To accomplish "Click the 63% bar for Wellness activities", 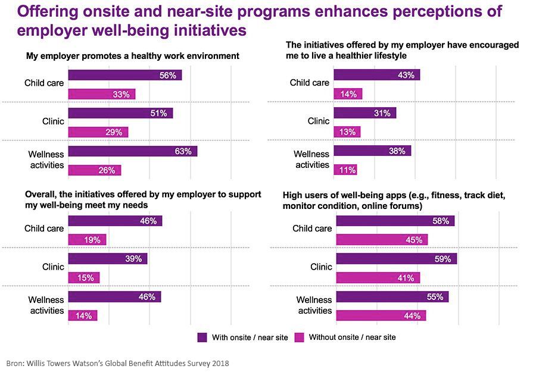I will (x=132, y=151).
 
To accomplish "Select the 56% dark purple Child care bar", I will (x=125, y=75).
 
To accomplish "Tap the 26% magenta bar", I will (x=95, y=170).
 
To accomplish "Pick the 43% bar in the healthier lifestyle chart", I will (x=376, y=75).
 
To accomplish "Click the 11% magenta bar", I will (x=345, y=170).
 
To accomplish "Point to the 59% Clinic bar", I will (x=397, y=259).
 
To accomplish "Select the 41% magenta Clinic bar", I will (x=378, y=277).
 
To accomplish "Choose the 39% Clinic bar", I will (x=108, y=259).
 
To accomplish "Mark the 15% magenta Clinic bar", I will (x=84, y=277).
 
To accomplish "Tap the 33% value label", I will (x=121, y=94).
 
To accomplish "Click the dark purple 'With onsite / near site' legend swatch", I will (x=202, y=337).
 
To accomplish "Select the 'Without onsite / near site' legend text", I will (x=352, y=337).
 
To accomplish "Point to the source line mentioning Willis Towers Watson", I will (x=117, y=362).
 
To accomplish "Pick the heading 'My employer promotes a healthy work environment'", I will (x=132, y=56).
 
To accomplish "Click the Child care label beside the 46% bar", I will (x=44, y=229).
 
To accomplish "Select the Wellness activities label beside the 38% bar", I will (x=313, y=160).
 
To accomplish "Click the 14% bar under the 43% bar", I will (x=348, y=94).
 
